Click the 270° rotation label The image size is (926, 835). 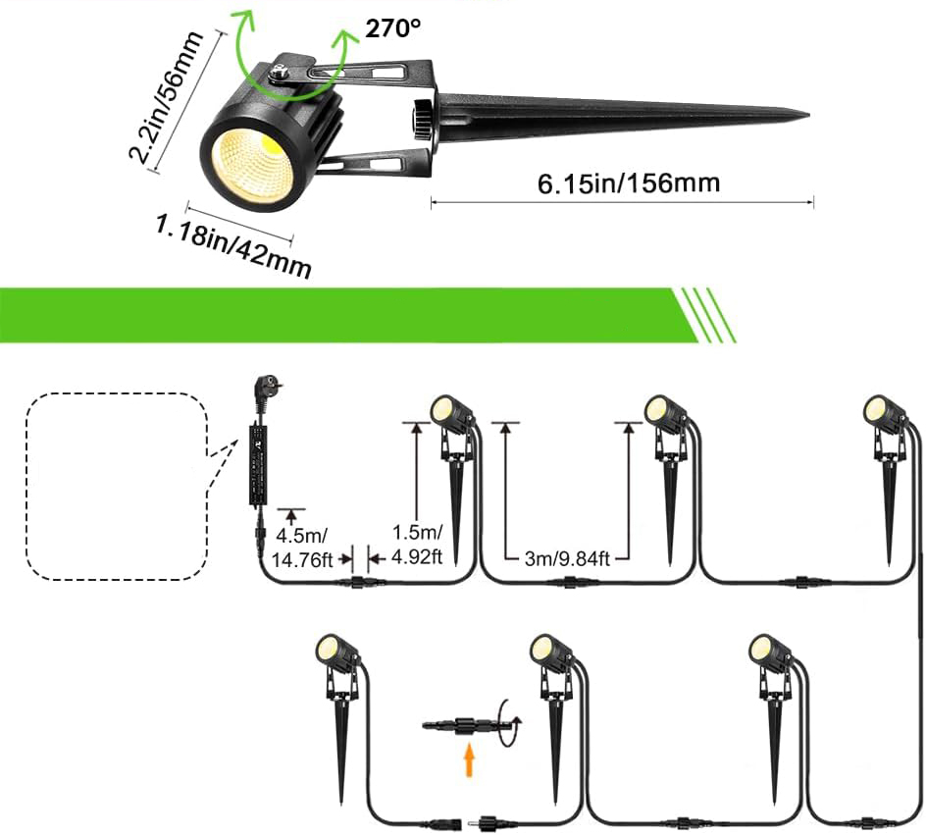tap(392, 28)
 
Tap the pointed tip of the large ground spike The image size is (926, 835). tap(804, 116)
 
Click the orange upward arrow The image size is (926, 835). tap(469, 758)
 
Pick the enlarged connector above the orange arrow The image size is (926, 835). tap(461, 727)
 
